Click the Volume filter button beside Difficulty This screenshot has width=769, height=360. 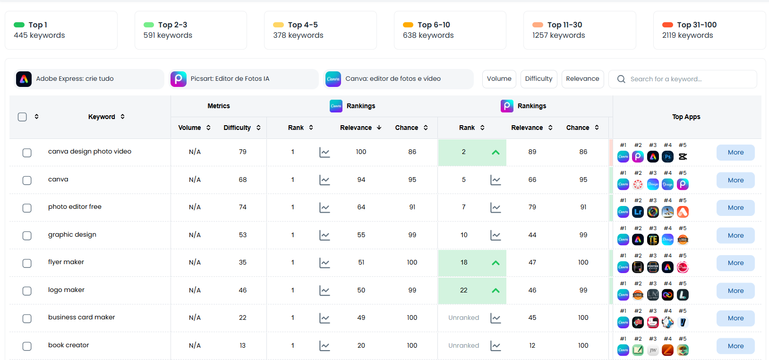coord(499,79)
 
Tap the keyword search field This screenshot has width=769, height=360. coord(683,79)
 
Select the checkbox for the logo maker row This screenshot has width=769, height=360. coord(27,291)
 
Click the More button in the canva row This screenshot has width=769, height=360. coord(735,180)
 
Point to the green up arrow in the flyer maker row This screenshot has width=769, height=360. coord(496,263)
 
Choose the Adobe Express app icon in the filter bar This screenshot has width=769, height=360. coord(24,79)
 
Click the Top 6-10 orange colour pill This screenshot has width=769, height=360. coord(408,25)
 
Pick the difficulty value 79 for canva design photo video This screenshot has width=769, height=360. coord(242,152)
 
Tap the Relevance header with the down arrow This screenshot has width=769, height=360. coord(360,128)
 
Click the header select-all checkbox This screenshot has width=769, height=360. coord(22,117)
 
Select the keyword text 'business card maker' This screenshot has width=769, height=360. coord(81,317)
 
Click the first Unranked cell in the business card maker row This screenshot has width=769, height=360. coord(463,318)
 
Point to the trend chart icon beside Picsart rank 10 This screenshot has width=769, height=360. coord(496,235)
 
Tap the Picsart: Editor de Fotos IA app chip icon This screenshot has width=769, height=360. coord(179,79)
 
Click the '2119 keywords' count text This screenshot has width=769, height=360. coord(687,35)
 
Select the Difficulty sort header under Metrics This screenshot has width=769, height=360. coord(242,128)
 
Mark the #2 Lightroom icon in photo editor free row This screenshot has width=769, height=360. coord(638,212)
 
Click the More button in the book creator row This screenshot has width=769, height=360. coord(735,346)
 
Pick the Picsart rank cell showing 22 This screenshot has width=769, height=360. coord(463,291)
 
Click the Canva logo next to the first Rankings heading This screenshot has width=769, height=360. coord(336,106)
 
